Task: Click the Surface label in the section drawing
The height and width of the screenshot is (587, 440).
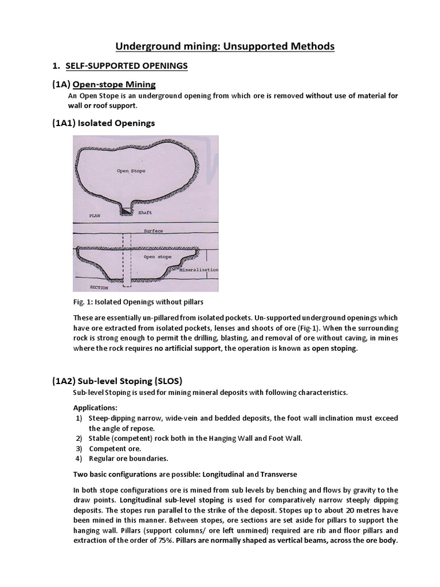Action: [x=152, y=231]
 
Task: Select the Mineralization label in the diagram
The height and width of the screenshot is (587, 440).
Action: [x=201, y=269]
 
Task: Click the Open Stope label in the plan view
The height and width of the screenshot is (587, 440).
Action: [x=131, y=171]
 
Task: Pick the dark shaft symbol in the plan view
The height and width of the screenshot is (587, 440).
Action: [x=125, y=212]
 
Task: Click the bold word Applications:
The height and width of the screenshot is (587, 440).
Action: [x=95, y=408]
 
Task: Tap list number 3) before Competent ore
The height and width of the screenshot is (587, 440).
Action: [x=79, y=448]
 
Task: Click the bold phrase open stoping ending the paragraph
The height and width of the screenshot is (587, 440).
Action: [x=334, y=349]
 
